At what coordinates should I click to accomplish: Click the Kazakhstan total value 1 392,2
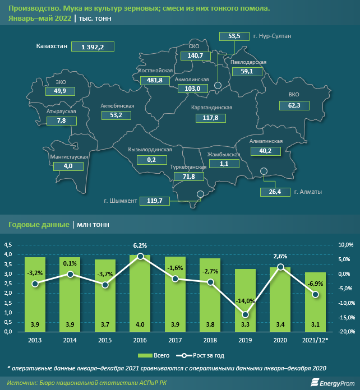(x=93, y=47)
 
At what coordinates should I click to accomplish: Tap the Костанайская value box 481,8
(x=155, y=81)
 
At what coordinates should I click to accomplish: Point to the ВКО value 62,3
(x=294, y=105)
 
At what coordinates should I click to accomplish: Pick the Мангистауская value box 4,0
(x=68, y=166)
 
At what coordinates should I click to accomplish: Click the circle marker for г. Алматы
(x=264, y=173)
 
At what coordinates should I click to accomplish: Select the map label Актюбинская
(x=117, y=105)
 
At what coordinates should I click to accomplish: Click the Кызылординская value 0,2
(x=150, y=160)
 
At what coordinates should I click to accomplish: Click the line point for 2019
(x=244, y=314)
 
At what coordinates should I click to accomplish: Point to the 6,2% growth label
(x=140, y=245)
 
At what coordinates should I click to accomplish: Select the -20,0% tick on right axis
(x=346, y=332)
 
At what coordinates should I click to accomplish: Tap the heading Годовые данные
(x=38, y=224)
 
